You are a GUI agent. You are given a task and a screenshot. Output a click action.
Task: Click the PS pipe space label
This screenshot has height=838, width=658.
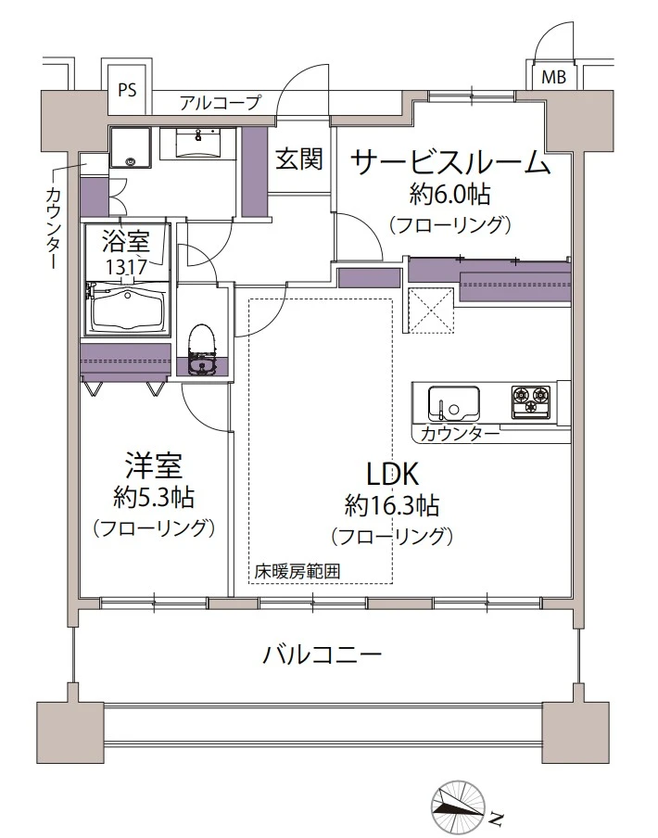point(127,89)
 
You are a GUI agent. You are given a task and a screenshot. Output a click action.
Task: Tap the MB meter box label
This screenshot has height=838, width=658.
point(553,78)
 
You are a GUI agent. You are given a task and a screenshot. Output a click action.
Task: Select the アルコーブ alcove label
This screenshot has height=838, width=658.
point(220,102)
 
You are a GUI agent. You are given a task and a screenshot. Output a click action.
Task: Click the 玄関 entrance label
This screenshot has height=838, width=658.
point(299,159)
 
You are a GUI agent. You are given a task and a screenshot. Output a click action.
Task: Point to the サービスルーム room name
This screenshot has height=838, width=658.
point(451,162)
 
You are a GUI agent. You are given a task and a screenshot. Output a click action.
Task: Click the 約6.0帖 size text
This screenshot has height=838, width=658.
point(449,195)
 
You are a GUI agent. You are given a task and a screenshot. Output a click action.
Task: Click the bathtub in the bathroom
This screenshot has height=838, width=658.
point(127,311)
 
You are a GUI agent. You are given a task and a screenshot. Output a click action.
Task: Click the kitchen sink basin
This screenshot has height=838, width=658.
point(453,403)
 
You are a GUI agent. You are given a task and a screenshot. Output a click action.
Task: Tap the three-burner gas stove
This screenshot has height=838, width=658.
point(531,400)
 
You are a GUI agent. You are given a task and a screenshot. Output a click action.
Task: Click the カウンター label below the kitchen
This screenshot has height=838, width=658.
point(460,433)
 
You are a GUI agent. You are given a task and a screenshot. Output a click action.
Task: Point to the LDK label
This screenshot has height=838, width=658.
point(391,473)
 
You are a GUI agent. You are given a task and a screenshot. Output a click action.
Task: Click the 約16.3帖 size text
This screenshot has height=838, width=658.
point(392,505)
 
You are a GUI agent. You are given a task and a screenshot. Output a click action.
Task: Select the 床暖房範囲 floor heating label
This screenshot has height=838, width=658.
point(297,572)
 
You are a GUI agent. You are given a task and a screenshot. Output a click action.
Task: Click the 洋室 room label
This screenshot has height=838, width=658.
point(154,465)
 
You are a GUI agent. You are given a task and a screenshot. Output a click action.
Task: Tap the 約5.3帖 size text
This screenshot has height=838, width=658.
point(154,498)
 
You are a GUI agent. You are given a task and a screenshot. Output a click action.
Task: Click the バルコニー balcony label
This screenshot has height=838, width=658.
point(323,654)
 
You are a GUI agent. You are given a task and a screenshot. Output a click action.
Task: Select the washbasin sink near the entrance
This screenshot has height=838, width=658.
point(197,143)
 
